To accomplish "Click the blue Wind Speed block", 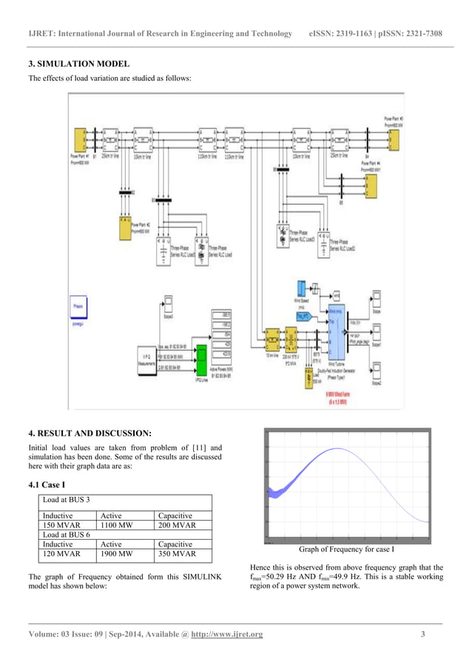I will (302, 288).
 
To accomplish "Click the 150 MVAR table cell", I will (61, 526).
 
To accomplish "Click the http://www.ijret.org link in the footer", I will (226, 634).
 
